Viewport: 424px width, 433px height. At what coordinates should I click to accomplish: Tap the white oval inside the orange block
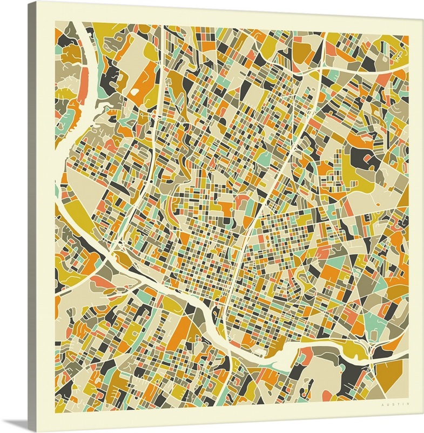click(134, 92)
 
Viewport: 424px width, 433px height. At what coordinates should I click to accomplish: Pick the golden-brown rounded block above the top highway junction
click(302, 51)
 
